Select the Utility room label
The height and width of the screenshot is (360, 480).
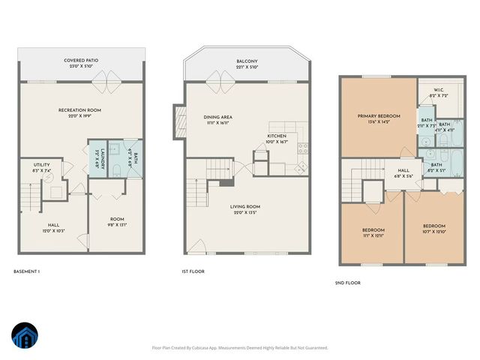(42, 167)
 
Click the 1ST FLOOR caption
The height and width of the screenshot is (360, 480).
(193, 271)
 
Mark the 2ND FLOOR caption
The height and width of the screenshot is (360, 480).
(347, 283)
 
